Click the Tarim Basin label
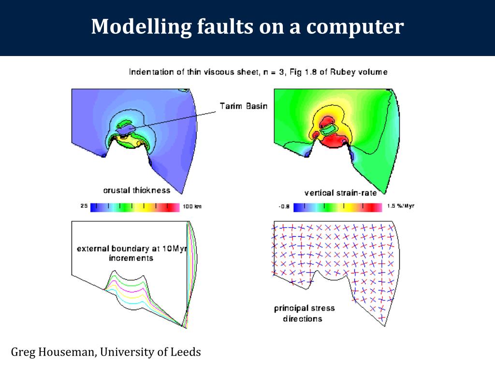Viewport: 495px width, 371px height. click(243, 106)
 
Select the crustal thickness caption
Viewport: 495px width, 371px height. click(137, 190)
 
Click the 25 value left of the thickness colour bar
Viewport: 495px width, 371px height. click(84, 207)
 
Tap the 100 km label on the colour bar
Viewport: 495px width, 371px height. click(192, 207)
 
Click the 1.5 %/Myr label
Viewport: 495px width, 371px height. click(401, 206)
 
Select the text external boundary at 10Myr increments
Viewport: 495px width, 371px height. click(131, 254)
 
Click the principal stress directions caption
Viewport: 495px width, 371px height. click(304, 314)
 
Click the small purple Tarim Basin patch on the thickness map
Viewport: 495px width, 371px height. click(125, 129)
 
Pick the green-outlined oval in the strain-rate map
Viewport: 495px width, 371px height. click(331, 129)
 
